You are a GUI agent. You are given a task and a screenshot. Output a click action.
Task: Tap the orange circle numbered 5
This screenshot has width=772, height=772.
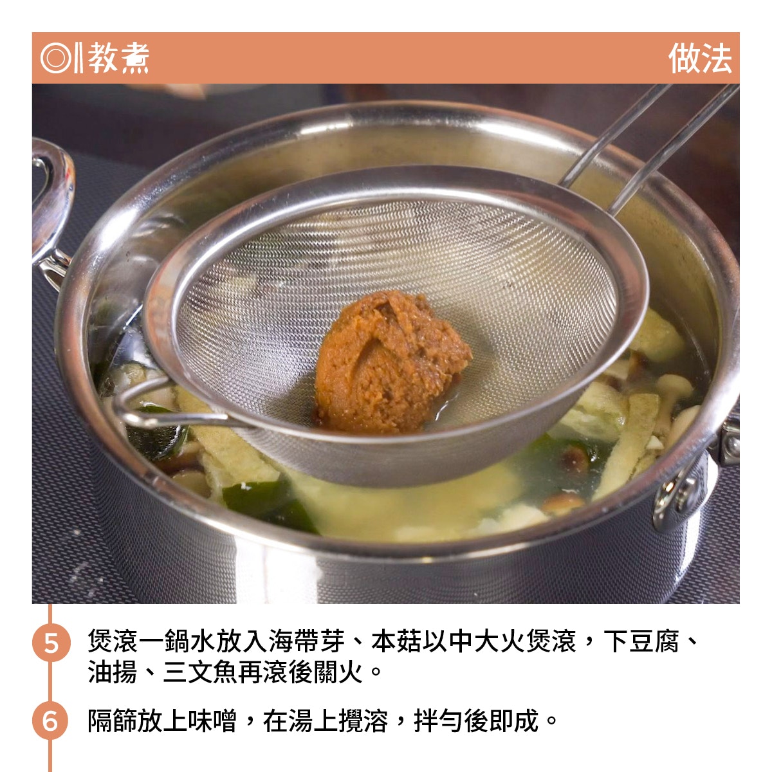(51, 643)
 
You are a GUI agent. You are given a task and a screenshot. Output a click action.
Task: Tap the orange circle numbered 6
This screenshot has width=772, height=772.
(51, 721)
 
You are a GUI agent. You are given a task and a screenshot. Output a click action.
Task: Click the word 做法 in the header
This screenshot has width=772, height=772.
(700, 59)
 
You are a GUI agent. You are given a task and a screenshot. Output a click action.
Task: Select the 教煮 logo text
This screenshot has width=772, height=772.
(118, 58)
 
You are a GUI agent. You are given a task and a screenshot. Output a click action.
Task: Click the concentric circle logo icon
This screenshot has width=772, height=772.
(56, 58)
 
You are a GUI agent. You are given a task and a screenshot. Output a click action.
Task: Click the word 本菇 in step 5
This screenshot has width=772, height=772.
(397, 641)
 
